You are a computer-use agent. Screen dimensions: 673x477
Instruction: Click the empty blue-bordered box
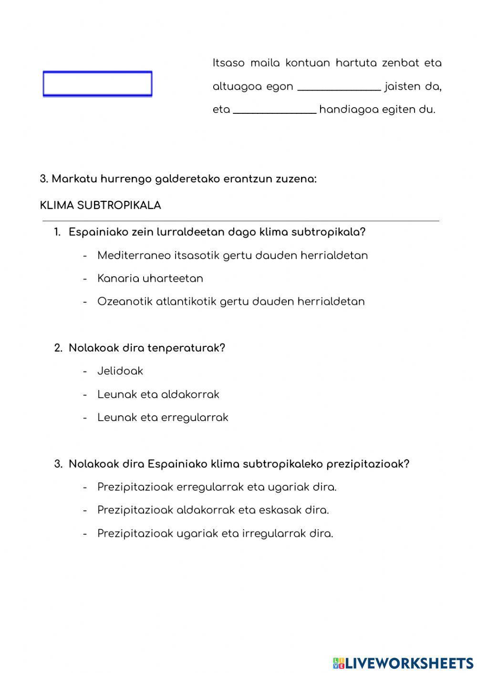97,84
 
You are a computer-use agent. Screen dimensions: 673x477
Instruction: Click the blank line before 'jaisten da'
339,87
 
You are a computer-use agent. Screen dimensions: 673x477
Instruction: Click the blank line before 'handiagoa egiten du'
275,110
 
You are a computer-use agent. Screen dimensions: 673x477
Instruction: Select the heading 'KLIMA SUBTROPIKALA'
101,205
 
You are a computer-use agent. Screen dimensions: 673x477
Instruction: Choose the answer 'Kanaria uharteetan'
150,279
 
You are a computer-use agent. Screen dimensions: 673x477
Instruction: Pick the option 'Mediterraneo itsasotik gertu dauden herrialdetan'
232,256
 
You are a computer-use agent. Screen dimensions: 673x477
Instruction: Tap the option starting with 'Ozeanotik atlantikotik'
231,302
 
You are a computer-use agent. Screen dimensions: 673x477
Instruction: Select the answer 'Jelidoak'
120,372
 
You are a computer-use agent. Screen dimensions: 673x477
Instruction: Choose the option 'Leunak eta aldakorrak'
158,395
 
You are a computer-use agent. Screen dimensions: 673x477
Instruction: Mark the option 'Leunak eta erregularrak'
163,418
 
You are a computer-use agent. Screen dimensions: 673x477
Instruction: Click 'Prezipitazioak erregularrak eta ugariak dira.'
217,487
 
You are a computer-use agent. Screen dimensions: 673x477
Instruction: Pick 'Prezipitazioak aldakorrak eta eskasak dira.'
213,510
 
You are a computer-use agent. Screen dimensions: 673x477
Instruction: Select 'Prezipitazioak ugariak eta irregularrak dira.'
215,533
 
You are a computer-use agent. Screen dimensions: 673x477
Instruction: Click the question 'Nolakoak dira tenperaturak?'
146,348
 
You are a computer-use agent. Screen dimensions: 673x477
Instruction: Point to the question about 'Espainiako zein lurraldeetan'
217,232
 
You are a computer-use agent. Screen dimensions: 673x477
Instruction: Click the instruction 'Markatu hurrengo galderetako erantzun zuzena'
184,179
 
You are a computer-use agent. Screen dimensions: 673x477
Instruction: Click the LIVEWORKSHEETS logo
403,663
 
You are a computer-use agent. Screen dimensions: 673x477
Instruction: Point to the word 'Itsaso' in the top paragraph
228,63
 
